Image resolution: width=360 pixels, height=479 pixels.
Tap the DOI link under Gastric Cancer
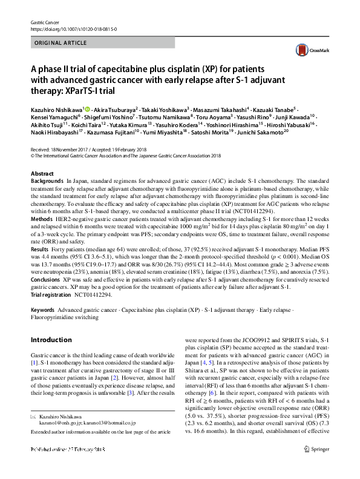(x=73, y=28)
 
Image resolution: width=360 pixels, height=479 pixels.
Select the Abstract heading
(x=42, y=174)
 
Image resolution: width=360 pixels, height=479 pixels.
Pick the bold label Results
(x=40, y=249)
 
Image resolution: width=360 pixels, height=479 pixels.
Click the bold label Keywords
(x=42, y=309)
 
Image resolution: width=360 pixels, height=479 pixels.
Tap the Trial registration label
(x=55, y=294)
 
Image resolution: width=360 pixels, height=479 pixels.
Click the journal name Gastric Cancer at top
(x=45, y=22)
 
